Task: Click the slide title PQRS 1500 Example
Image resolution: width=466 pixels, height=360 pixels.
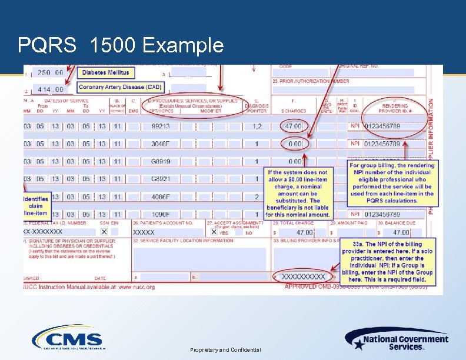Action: tap(121, 45)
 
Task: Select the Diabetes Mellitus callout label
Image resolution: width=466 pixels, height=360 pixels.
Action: tap(106, 72)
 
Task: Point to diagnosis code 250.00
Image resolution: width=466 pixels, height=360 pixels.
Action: tap(51, 72)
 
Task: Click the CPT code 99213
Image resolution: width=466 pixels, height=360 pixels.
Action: tap(160, 126)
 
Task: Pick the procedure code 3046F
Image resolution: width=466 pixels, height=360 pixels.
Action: tap(160, 144)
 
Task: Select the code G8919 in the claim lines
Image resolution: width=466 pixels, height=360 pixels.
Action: tap(160, 161)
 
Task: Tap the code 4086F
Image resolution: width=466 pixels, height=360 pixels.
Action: tap(160, 197)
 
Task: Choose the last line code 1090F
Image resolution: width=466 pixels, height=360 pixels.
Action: tap(160, 215)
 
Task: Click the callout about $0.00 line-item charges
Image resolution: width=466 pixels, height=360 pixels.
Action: tap(298, 194)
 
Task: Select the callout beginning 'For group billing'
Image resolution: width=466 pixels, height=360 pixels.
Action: tap(391, 183)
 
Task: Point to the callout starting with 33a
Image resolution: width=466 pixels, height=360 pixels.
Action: tap(387, 262)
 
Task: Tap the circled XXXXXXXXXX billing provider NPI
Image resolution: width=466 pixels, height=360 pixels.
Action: tap(303, 276)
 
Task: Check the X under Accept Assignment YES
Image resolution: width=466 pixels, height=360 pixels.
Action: tap(214, 232)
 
